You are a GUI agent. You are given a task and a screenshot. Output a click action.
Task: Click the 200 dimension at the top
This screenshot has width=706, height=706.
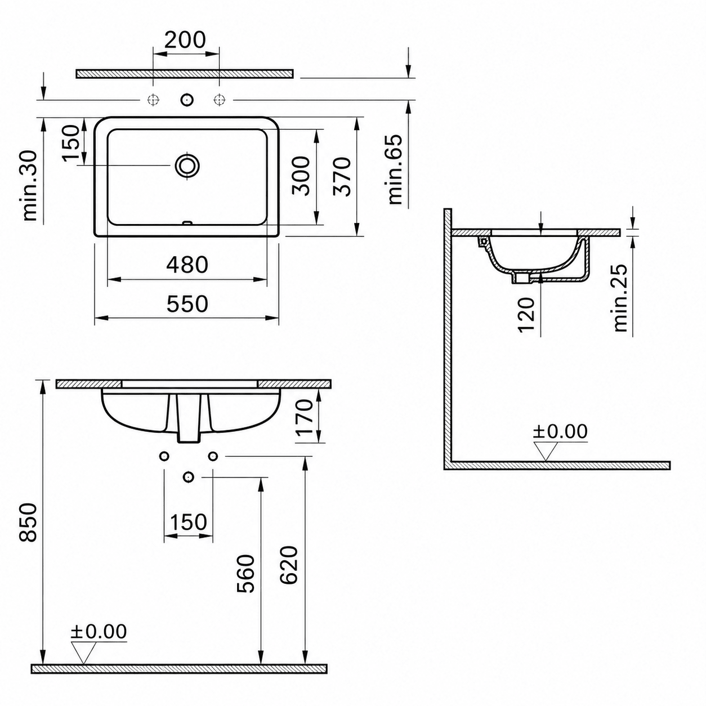pyautogui.click(x=185, y=40)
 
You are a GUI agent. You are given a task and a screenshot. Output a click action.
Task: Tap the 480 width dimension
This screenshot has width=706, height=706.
pyautogui.click(x=187, y=265)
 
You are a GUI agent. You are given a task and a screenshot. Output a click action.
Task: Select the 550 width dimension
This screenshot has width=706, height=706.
pyautogui.click(x=187, y=303)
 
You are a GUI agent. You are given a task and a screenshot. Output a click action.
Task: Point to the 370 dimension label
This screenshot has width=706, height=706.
pyautogui.click(x=342, y=177)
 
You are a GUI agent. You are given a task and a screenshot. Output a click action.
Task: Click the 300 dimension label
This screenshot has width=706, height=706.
pyautogui.click(x=301, y=176)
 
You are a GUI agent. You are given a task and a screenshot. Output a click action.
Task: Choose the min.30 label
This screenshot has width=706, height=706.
pyautogui.click(x=30, y=186)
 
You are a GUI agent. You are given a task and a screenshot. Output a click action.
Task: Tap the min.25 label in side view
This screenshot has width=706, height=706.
pyautogui.click(x=620, y=298)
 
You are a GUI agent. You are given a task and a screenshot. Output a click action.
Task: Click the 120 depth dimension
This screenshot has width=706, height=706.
pyautogui.click(x=527, y=314)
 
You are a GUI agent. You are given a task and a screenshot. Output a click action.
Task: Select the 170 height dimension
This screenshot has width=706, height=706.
pyautogui.click(x=305, y=417)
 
